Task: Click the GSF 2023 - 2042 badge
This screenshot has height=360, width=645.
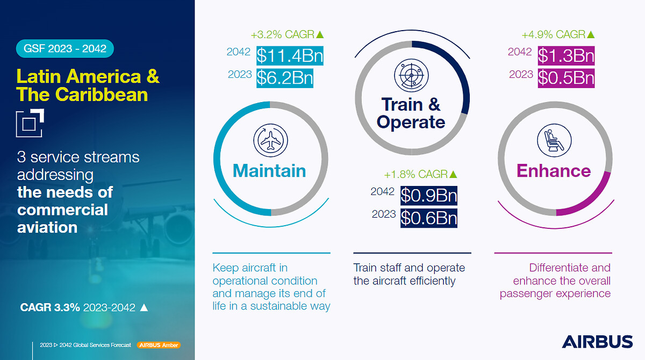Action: coord(65,48)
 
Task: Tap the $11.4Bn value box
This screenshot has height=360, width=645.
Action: coord(290,55)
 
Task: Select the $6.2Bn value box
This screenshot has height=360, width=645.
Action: coord(285,78)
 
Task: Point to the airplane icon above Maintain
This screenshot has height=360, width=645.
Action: coord(270,140)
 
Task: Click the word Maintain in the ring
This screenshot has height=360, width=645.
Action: coord(269,171)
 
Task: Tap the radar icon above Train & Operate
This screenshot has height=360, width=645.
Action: coord(411,75)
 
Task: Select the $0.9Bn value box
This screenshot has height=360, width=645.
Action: coord(429,196)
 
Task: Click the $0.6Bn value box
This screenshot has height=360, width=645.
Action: coord(429,218)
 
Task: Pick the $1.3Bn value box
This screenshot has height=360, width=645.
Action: coord(566,55)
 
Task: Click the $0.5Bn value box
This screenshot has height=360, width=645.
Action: coord(566,78)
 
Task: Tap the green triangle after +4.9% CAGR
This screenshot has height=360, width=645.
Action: coord(591,34)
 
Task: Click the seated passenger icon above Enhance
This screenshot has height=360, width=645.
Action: coord(554,140)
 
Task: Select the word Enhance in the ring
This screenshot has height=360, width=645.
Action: coord(554,171)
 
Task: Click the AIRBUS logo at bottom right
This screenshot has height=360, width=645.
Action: coord(597,342)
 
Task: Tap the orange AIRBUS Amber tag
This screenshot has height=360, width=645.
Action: coord(159,345)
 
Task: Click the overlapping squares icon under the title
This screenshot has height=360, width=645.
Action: coord(30,123)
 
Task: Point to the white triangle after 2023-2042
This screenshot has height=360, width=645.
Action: coord(144,308)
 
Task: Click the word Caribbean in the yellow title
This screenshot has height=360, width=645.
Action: coord(102,95)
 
